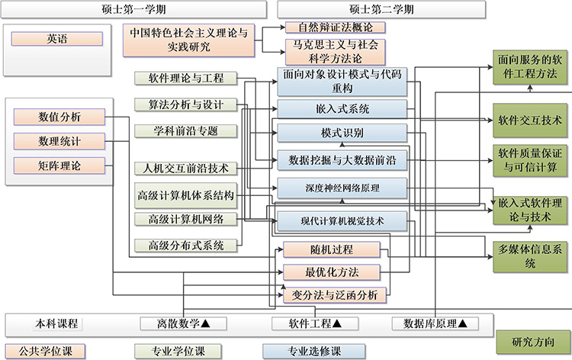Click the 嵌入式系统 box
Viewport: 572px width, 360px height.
[342, 108]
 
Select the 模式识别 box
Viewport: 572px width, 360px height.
[342, 133]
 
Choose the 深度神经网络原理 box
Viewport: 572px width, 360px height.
[342, 188]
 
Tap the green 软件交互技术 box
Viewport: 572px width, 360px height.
[530, 120]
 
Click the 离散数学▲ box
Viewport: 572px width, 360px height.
[183, 323]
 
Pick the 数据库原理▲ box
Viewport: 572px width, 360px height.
[435, 323]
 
